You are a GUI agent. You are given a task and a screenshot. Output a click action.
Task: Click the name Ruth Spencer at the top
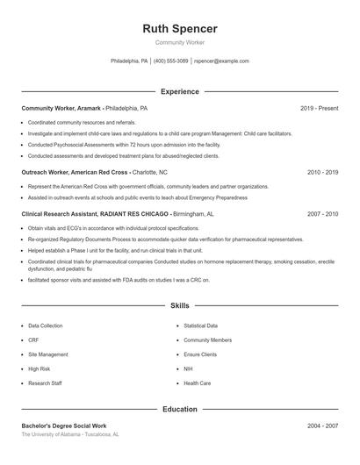(179, 29)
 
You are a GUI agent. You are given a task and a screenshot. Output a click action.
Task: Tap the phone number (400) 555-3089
(171, 61)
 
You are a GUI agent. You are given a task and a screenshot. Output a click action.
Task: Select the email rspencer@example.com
(221, 61)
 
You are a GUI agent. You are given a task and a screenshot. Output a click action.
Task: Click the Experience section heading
(179, 91)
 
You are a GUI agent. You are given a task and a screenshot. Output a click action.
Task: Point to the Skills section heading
(179, 306)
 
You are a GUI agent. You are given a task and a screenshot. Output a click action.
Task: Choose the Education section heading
(179, 409)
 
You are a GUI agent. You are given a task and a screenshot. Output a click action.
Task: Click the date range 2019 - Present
(319, 108)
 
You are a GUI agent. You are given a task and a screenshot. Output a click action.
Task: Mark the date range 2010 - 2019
(322, 173)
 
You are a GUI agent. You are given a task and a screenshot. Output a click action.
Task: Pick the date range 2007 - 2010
(322, 213)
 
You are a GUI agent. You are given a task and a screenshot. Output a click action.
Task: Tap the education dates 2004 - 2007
(322, 426)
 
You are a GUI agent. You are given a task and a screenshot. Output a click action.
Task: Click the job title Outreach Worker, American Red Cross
(75, 173)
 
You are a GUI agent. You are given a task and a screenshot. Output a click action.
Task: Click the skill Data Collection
(46, 325)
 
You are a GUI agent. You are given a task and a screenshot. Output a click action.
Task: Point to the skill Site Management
(47, 354)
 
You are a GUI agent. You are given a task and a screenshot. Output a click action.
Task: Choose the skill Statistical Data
(201, 325)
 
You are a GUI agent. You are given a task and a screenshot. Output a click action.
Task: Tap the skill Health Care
(197, 383)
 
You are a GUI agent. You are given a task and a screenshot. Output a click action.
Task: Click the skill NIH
(188, 369)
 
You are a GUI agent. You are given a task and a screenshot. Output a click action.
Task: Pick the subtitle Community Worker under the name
(179, 42)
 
